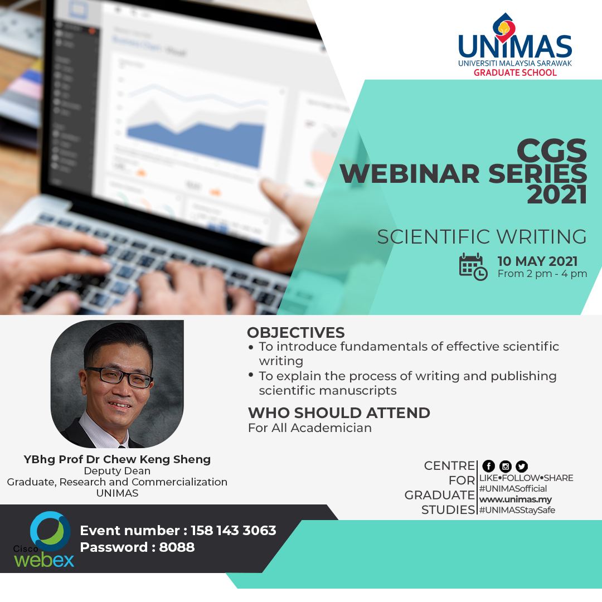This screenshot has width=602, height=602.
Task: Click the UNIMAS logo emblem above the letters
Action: pos(504,27)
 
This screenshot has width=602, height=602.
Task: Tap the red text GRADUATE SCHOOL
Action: pos(515,72)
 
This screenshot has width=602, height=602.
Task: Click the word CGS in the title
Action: pos(552,151)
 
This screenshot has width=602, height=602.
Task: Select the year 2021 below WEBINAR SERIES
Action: pos(557,195)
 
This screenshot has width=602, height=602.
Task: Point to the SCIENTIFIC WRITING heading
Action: pos(482,236)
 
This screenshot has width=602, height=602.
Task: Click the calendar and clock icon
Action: pos(473,266)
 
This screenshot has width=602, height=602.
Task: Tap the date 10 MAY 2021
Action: pos(537,261)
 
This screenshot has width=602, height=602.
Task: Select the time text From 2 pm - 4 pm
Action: pos(542,274)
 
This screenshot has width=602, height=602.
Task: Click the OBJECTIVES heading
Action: pos(295,332)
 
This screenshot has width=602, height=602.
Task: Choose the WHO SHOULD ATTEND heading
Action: pos(339,412)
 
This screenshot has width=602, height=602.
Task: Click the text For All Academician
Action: pos(310,428)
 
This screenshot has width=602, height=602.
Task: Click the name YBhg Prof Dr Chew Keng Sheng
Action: pos(117,459)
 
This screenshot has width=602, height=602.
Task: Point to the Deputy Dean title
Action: pos(117,470)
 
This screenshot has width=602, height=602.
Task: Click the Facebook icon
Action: pos(488,466)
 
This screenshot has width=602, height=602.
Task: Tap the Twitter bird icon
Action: pos(521,466)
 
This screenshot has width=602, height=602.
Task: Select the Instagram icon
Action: pos(505,466)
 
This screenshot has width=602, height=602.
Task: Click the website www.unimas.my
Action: pos(515,499)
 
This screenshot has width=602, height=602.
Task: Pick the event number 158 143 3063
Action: pos(234,531)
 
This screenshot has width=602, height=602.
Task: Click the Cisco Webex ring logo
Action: pos(50,531)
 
